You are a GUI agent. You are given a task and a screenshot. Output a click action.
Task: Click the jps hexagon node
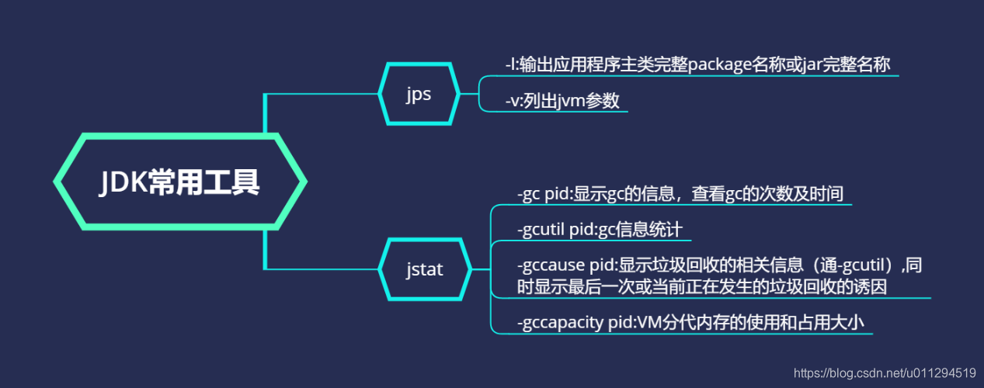418,93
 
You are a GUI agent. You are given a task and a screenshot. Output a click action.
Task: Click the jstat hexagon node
424,269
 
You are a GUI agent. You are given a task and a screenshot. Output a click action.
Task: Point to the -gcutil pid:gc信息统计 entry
599,230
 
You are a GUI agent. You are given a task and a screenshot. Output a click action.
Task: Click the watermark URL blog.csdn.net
854,372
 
